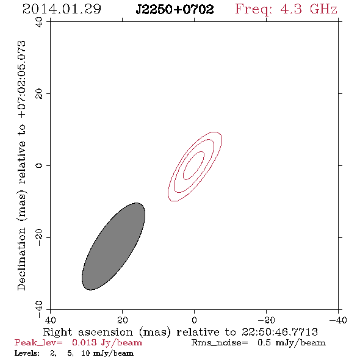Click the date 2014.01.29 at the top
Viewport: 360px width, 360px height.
pyautogui.click(x=62, y=9)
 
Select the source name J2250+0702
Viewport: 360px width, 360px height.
pyautogui.click(x=175, y=9)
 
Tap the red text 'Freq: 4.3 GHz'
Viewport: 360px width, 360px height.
pyautogui.click(x=286, y=10)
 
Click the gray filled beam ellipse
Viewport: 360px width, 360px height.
pyautogui.click(x=113, y=247)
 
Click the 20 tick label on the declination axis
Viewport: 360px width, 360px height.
pyautogui.click(x=39, y=94)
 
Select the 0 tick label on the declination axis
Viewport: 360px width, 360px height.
pyautogui.click(x=39, y=165)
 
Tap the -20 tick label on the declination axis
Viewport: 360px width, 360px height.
pyautogui.click(x=39, y=237)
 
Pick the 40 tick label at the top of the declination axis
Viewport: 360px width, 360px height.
pyautogui.click(x=39, y=22)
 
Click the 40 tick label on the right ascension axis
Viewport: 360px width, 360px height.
pyautogui.click(x=50, y=320)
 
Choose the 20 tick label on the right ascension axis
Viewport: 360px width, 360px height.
pyautogui.click(x=122, y=320)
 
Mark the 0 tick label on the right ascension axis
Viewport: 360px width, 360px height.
pyautogui.click(x=194, y=320)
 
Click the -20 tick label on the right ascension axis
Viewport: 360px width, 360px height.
pyautogui.click(x=266, y=320)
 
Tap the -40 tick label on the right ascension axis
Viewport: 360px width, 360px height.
pyautogui.click(x=338, y=320)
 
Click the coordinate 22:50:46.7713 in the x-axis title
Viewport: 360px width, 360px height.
pyautogui.click(x=279, y=332)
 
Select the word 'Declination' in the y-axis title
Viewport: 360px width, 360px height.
pyautogui.click(x=21, y=259)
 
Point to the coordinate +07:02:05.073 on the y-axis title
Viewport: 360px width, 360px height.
pyautogui.click(x=21, y=79)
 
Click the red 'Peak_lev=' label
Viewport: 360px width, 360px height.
pyautogui.click(x=38, y=343)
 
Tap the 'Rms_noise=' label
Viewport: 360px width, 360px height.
pyautogui.click(x=220, y=343)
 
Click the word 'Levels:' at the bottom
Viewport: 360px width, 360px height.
pyautogui.click(x=27, y=353)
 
